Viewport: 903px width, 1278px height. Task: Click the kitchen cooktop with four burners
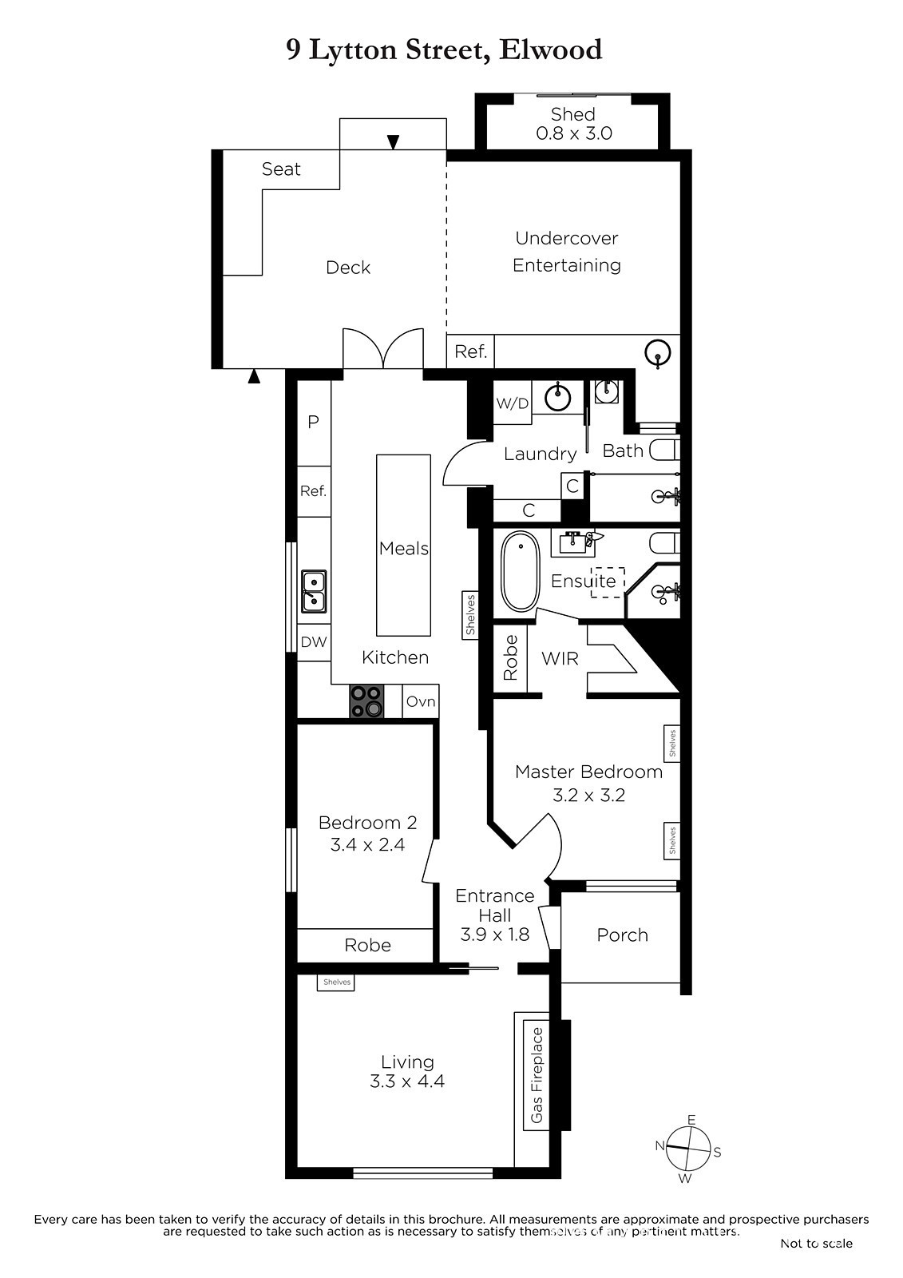(x=366, y=701)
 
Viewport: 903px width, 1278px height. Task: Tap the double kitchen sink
(x=314, y=591)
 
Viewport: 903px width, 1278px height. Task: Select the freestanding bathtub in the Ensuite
(x=521, y=571)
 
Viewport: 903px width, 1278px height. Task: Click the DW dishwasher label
(x=314, y=642)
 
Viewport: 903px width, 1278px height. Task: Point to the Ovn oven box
(x=421, y=701)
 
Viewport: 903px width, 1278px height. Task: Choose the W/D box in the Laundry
(x=513, y=403)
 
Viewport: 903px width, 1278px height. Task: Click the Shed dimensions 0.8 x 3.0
(x=574, y=133)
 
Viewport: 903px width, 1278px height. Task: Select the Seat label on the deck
(x=281, y=169)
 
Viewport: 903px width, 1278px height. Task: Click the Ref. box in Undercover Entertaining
(x=470, y=351)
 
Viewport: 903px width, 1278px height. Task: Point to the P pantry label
(x=313, y=422)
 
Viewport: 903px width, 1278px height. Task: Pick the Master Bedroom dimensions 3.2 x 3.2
(x=588, y=796)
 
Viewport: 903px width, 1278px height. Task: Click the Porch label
(x=622, y=935)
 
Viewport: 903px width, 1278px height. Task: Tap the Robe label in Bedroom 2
(x=368, y=946)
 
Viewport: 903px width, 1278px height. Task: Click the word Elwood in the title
(x=550, y=50)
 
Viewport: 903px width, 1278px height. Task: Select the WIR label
(x=560, y=658)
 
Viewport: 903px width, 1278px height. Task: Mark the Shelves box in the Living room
(x=337, y=982)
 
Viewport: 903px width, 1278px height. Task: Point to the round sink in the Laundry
(x=557, y=398)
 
